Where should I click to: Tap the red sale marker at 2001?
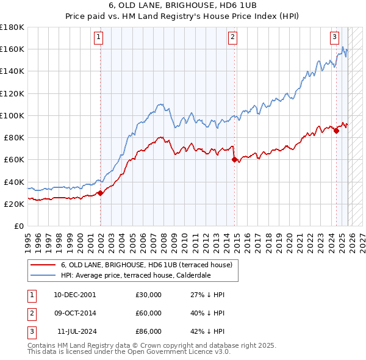click(x=101, y=193)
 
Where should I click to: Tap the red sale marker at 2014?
click(x=235, y=160)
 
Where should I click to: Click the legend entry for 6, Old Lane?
click(x=146, y=265)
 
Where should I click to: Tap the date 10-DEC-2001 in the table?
click(x=74, y=295)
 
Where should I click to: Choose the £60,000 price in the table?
click(x=149, y=313)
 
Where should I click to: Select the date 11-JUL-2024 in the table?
click(x=74, y=331)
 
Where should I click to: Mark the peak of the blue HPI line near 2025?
click(x=343, y=47)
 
